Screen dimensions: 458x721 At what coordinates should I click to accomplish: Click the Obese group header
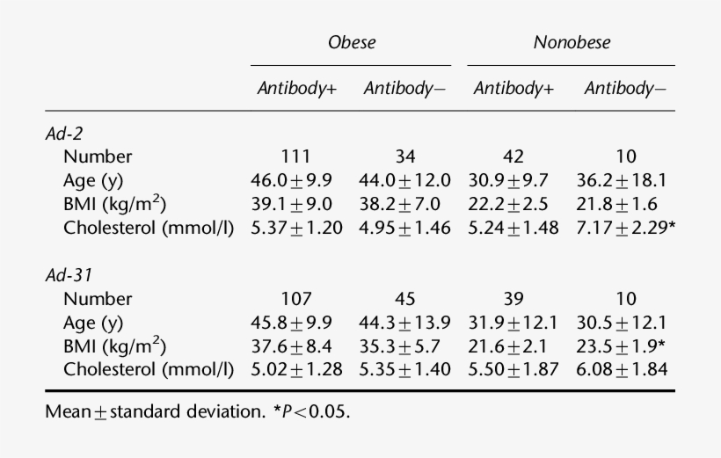[x=351, y=42]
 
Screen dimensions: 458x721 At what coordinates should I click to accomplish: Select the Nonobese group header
[x=572, y=42]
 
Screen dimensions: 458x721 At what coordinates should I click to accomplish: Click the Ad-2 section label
[x=63, y=133]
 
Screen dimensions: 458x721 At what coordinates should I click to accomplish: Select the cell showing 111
[x=295, y=157]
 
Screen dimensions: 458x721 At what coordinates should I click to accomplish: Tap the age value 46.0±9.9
[x=295, y=181]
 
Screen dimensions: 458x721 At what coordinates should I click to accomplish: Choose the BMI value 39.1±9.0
[x=295, y=205]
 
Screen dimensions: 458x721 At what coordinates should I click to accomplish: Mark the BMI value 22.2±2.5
[x=513, y=205]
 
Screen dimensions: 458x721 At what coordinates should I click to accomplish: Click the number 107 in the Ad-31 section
[x=295, y=299]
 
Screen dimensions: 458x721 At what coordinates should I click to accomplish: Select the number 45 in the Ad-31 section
[x=404, y=299]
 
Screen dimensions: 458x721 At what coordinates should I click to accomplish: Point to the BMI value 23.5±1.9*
[x=625, y=346]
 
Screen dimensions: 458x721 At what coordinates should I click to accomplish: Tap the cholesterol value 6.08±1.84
[x=625, y=370]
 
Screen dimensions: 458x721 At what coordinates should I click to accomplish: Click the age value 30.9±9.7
[x=513, y=181]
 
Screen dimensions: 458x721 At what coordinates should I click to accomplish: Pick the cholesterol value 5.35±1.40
[x=404, y=370]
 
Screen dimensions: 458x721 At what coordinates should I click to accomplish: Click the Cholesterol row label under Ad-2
[x=149, y=229]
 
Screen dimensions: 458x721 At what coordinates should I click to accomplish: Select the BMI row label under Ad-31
[x=115, y=346]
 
